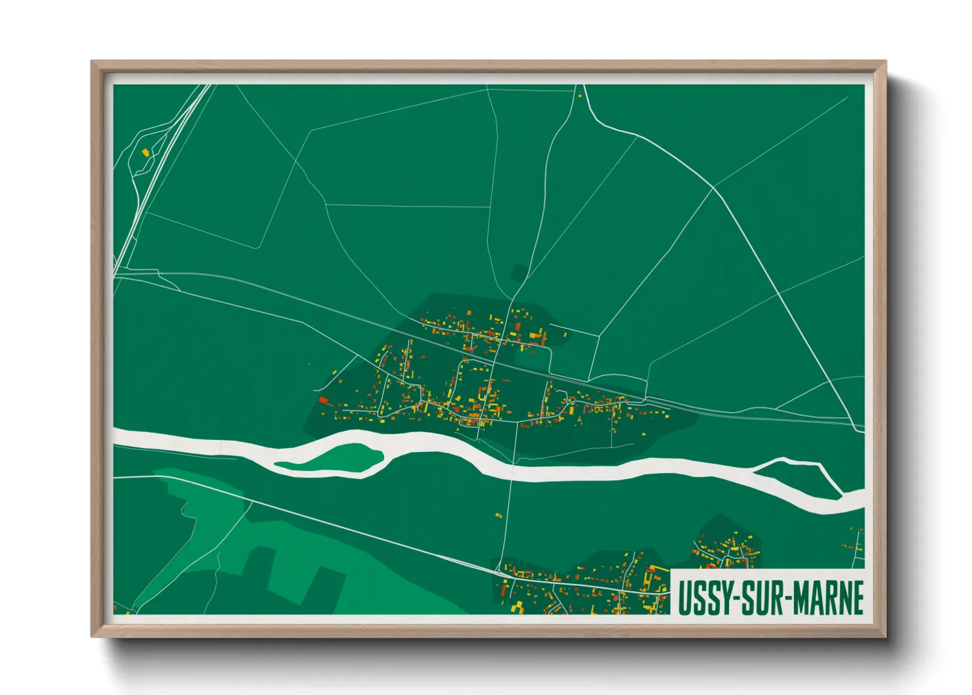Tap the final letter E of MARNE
coord(857,598)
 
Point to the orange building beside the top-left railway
coord(146,153)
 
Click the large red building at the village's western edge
coord(322,399)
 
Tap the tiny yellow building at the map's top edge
coord(580,96)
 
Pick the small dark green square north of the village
coord(518,272)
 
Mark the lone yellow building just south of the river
coord(498,516)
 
